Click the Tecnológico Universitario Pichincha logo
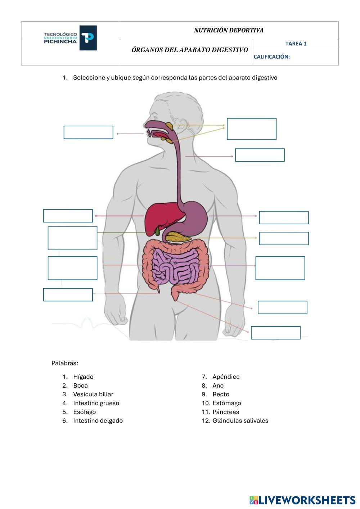coord(70,38)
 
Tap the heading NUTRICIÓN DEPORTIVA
coord(229,30)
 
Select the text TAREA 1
coord(296,44)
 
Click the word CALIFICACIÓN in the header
coord(272,57)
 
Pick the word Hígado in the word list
coord(83,377)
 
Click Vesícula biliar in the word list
coord(93,394)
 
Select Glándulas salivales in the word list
coord(240,420)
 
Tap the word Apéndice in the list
coord(226,377)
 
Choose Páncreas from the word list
coord(225,412)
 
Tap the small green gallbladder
coord(158,230)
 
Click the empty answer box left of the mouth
coord(88,132)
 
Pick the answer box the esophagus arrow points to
coord(260,155)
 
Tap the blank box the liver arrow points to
coord(68,216)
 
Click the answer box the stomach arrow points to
coord(284,218)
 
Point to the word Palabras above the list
coord(65,363)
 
